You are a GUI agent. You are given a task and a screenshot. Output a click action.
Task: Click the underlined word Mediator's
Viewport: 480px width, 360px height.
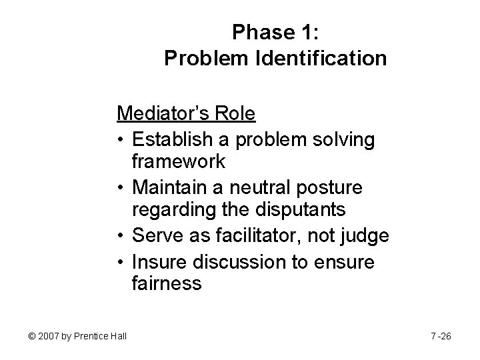click(x=163, y=113)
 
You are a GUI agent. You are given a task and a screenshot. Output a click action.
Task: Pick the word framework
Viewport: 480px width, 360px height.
click(x=179, y=161)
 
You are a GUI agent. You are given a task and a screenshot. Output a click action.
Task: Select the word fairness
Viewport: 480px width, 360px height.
click(x=167, y=284)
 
